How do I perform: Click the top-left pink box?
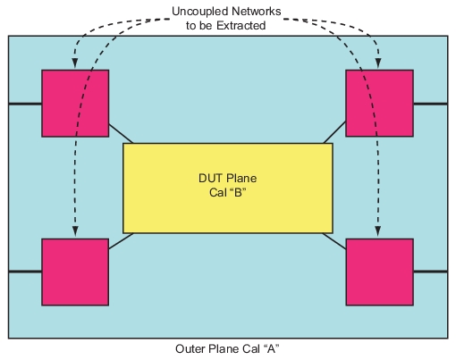(75, 103)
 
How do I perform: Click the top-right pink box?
(379, 103)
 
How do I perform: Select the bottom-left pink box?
(75, 272)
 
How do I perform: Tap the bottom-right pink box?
(379, 272)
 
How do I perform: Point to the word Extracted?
(242, 25)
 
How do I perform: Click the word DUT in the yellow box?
(211, 178)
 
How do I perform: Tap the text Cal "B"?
(228, 192)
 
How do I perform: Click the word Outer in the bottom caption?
(191, 347)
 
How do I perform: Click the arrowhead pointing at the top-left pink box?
(75, 65)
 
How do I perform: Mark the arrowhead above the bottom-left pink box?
(75, 233)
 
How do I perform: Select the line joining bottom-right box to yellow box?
(335, 239)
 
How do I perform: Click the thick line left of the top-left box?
(24, 104)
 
